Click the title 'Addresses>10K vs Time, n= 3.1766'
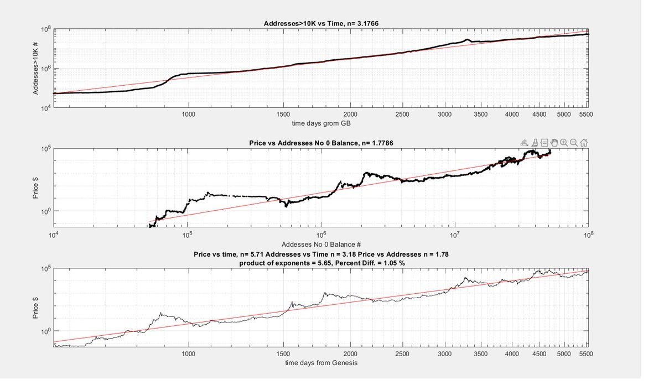(321, 23)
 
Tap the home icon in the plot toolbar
(584, 143)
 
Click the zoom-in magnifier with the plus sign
(564, 143)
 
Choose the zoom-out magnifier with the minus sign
(574, 143)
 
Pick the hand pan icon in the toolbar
(554, 143)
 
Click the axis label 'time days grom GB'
(321, 123)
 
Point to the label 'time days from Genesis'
(321, 363)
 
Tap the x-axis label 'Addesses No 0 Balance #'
(321, 244)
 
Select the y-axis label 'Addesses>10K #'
(35, 68)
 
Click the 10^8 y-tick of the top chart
(46, 29)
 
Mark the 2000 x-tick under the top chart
(350, 115)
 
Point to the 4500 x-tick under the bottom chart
(539, 354)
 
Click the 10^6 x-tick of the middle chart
(321, 235)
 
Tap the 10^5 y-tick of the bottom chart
(46, 269)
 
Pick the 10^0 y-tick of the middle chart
(46, 211)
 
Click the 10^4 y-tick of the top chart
(46, 108)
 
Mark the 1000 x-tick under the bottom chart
(188, 354)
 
